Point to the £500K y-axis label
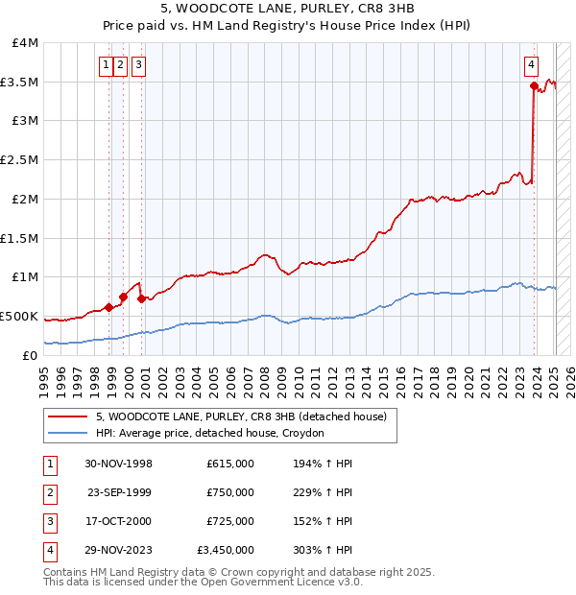[19, 316]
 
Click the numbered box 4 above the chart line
[531, 65]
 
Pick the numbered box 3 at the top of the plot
[139, 65]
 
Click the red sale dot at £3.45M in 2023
[534, 85]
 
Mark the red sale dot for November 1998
[108, 307]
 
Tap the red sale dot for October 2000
[141, 298]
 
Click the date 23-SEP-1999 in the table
[119, 492]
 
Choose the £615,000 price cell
[230, 464]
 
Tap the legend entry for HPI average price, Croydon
[210, 433]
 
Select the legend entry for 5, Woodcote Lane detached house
[240, 416]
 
